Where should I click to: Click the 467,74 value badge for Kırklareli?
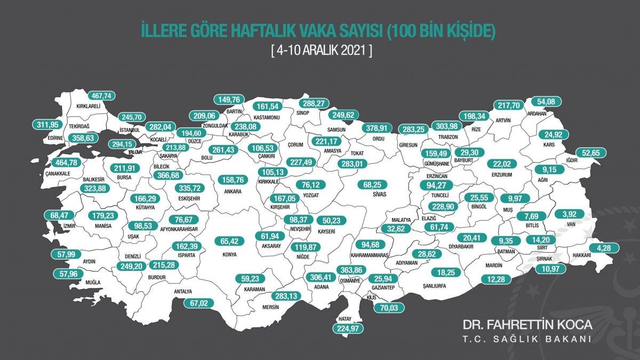click(x=100, y=95)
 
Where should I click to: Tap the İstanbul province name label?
click(x=129, y=130)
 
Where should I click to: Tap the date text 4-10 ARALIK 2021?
click(x=320, y=52)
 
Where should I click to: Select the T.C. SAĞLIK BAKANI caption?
click(x=527, y=340)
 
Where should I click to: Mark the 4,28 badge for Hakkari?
click(x=604, y=247)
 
